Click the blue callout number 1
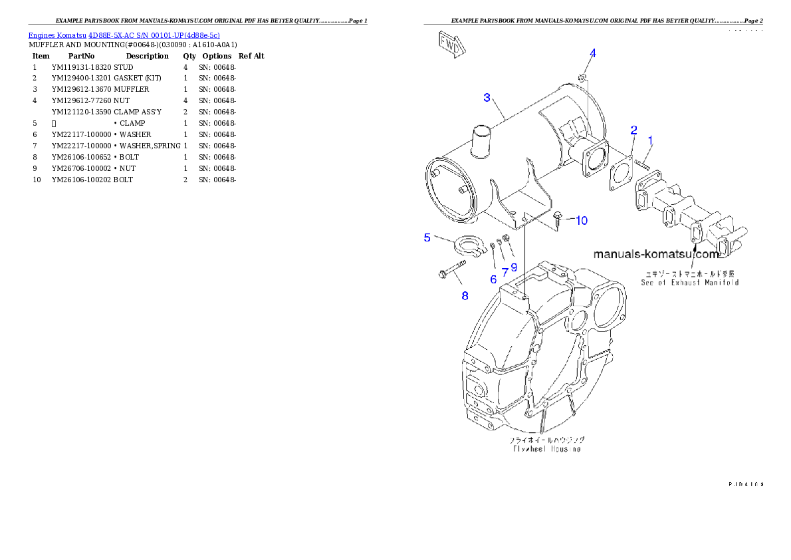[650, 140]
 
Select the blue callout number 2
[633, 130]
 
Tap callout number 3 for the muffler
[487, 98]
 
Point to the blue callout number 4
[593, 53]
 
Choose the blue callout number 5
[427, 237]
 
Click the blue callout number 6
[493, 279]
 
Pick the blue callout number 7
[505, 271]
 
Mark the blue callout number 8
[465, 295]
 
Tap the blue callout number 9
[514, 267]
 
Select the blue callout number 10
[582, 221]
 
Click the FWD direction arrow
[451, 45]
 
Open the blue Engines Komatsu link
[124, 35]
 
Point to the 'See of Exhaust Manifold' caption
[689, 283]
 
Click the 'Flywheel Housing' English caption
[546, 449]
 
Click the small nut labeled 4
[582, 78]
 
